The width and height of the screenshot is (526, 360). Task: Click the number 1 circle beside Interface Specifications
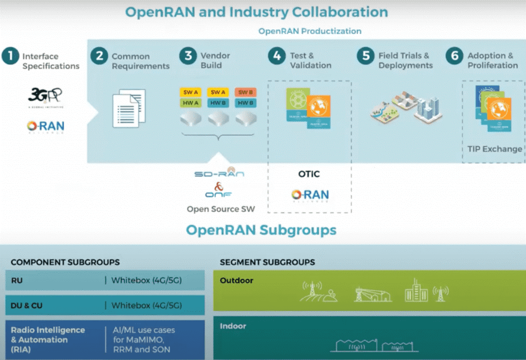coord(10,56)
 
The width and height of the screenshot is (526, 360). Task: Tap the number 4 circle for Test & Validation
coord(277,56)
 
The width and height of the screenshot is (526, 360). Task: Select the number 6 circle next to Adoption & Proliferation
coord(455,56)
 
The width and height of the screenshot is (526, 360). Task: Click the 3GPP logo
coord(46,96)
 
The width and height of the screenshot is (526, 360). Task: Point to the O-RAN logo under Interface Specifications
coord(46,127)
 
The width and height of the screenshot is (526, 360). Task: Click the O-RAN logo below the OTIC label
coord(310,196)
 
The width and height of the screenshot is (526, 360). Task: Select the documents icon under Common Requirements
coord(128,108)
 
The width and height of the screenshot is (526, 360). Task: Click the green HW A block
coord(191,103)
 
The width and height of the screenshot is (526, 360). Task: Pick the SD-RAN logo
coord(219,174)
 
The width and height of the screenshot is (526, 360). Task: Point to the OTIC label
coord(309,174)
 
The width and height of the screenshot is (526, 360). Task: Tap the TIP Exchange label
coord(495,149)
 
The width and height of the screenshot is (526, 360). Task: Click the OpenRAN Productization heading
coord(310,31)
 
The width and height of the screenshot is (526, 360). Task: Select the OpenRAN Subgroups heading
coord(261,229)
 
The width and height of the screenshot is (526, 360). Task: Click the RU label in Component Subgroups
coord(16,280)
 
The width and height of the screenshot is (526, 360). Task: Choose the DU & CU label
coord(27,306)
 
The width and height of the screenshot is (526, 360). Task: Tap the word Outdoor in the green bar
coord(236,280)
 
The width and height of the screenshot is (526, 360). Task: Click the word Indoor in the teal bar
coord(233,326)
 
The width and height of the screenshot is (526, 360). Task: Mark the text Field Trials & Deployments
coord(405,61)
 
